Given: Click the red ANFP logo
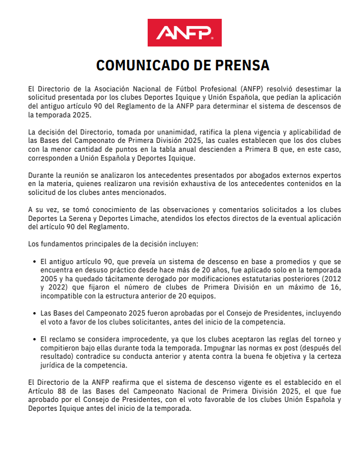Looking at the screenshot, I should (x=185, y=33).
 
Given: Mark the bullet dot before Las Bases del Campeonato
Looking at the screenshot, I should (x=36, y=313).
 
